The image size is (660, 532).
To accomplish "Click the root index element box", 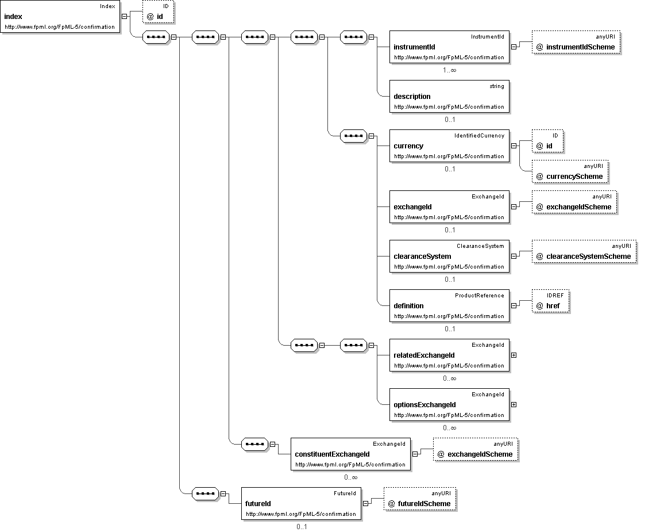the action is pyautogui.click(x=60, y=17).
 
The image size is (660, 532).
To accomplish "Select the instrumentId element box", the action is pyautogui.click(x=449, y=47).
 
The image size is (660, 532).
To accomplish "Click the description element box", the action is pyautogui.click(x=449, y=96).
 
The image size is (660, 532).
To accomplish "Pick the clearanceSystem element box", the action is pyautogui.click(x=449, y=256).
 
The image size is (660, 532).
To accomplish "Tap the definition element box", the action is pyautogui.click(x=449, y=305).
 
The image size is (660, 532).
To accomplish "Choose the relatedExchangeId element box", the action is pyautogui.click(x=449, y=355).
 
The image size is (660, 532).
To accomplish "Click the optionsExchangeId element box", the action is pyautogui.click(x=449, y=404).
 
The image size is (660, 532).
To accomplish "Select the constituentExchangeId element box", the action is pyautogui.click(x=350, y=454).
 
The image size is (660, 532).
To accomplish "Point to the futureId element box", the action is pyautogui.click(x=301, y=503).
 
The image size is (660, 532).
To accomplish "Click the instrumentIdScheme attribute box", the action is pyautogui.click(x=576, y=42).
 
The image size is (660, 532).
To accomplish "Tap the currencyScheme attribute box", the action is pyautogui.click(x=570, y=171).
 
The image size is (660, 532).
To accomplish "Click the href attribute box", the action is pyautogui.click(x=550, y=301).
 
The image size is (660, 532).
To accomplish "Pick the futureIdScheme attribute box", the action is pyautogui.click(x=420, y=499).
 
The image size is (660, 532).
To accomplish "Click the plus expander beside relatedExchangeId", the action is pyautogui.click(x=514, y=355).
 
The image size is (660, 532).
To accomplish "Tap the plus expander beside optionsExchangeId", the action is pyautogui.click(x=514, y=404).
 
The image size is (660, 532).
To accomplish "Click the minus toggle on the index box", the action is pyautogui.click(x=124, y=17).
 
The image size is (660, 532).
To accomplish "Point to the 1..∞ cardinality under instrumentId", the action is pyautogui.click(x=450, y=70).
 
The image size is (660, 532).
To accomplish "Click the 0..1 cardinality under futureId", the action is pyautogui.click(x=302, y=526).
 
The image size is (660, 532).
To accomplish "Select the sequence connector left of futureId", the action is pyautogui.click(x=206, y=493).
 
